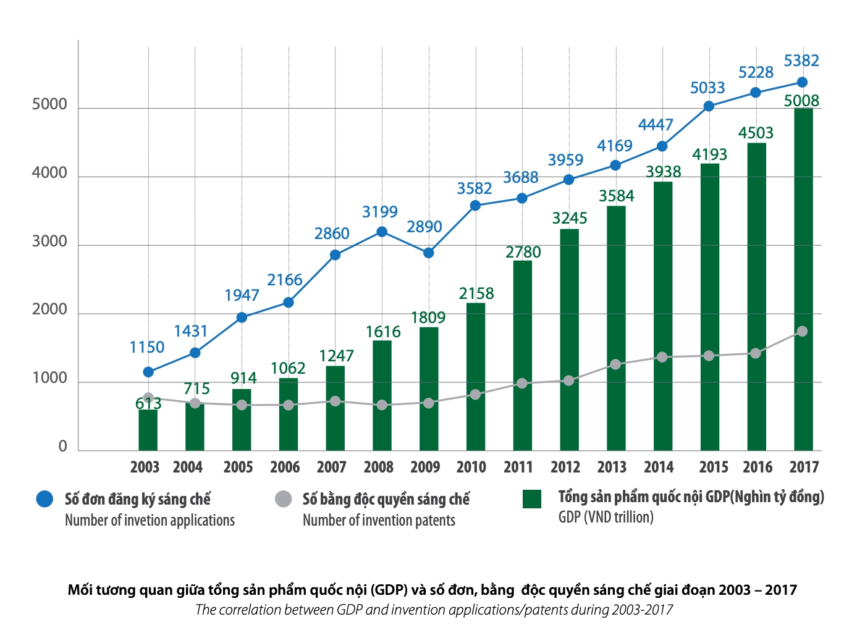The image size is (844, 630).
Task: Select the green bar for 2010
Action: coord(475,377)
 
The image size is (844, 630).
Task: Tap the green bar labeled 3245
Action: coord(569,340)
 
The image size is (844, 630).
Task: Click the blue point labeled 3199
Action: coord(382,232)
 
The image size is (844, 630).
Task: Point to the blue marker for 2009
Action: coord(428,253)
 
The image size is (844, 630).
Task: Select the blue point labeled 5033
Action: coord(709,106)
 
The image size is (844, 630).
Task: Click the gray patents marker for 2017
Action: coord(802,332)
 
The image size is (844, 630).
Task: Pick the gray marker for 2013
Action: coord(615,364)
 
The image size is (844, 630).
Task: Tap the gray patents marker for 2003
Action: coord(148,398)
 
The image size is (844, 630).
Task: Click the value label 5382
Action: coord(801,61)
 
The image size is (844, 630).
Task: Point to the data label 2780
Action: coord(523,252)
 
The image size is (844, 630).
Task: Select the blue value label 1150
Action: coord(147,347)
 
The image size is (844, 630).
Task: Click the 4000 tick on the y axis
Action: coord(49,174)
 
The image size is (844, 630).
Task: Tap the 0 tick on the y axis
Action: coord(62,447)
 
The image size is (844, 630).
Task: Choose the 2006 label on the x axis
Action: coord(285,468)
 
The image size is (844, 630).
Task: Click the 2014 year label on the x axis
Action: coord(659,468)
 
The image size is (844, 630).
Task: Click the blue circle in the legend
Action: coord(44,499)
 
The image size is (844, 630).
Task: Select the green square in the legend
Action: coord(531,499)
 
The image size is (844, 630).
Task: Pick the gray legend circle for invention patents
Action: coord(283,499)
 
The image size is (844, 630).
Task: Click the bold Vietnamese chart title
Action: coord(432,590)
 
